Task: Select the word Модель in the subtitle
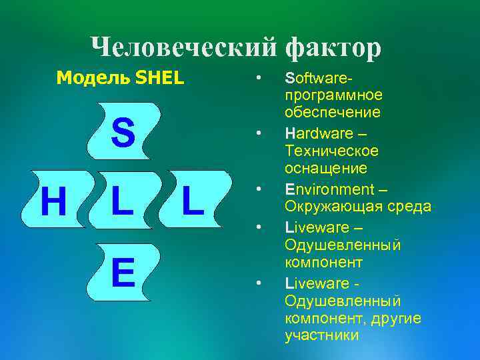click(93, 78)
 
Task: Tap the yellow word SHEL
click(159, 78)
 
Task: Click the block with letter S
click(123, 131)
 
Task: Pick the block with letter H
click(53, 201)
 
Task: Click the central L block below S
click(123, 201)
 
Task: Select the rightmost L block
click(193, 201)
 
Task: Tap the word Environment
click(326, 189)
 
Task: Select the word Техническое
click(331, 151)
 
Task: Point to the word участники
click(321, 335)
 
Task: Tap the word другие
click(397, 318)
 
